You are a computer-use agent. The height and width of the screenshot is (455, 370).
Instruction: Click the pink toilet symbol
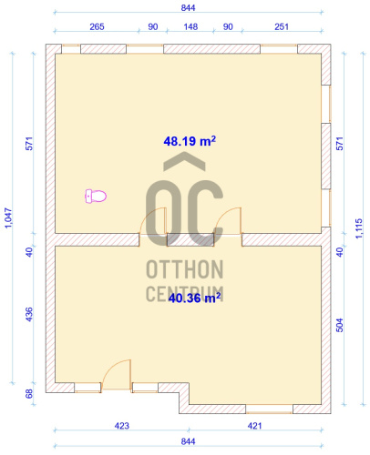[96, 196]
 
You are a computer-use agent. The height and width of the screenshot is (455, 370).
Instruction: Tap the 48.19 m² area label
[190, 141]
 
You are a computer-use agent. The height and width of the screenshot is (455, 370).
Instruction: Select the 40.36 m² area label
[194, 298]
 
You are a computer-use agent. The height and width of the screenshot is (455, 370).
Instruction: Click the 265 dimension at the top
[97, 26]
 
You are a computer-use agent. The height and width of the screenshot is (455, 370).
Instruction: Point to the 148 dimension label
[190, 26]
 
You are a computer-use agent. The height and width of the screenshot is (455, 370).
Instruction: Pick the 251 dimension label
[282, 26]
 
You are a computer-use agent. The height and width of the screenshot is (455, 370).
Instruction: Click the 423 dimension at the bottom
[122, 426]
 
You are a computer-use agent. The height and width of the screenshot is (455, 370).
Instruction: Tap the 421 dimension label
[254, 426]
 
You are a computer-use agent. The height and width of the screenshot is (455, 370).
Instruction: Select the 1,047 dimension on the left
[8, 217]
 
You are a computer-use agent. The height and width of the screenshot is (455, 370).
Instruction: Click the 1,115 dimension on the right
[359, 228]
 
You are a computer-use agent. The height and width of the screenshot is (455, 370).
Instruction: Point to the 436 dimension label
[29, 315]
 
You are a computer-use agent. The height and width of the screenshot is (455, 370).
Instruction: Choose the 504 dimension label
[340, 325]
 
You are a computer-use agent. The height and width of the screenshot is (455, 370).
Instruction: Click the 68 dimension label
[29, 394]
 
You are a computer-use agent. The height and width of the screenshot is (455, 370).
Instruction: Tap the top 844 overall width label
[188, 8]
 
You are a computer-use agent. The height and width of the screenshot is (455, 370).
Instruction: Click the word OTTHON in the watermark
[185, 269]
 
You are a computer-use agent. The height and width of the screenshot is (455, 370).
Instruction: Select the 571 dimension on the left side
[29, 144]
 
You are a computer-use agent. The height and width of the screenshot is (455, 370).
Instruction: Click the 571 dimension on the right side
[340, 144]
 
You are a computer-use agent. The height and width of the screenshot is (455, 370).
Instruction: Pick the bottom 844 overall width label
[188, 441]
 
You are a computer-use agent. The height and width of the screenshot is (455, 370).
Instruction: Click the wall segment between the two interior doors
[190, 240]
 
